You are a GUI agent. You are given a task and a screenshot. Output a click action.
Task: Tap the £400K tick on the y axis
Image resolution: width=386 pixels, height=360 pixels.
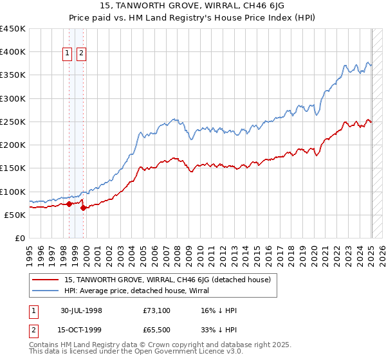point(13,52)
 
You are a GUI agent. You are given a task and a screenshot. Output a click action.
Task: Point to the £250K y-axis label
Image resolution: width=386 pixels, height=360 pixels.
point(13,122)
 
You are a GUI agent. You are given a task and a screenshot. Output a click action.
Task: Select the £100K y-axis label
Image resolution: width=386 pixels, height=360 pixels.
point(13,192)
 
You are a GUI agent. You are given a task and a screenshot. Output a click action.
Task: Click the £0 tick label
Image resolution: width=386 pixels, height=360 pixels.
point(19,238)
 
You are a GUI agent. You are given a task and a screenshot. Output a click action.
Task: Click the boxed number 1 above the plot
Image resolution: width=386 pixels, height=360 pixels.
point(68,55)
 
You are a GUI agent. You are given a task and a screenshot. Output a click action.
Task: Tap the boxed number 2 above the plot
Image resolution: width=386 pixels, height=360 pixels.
point(82,55)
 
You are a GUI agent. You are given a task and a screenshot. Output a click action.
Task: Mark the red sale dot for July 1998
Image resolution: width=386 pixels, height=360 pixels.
point(69,204)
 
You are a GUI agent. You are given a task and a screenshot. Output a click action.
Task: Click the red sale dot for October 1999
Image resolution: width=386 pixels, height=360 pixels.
point(83,208)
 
